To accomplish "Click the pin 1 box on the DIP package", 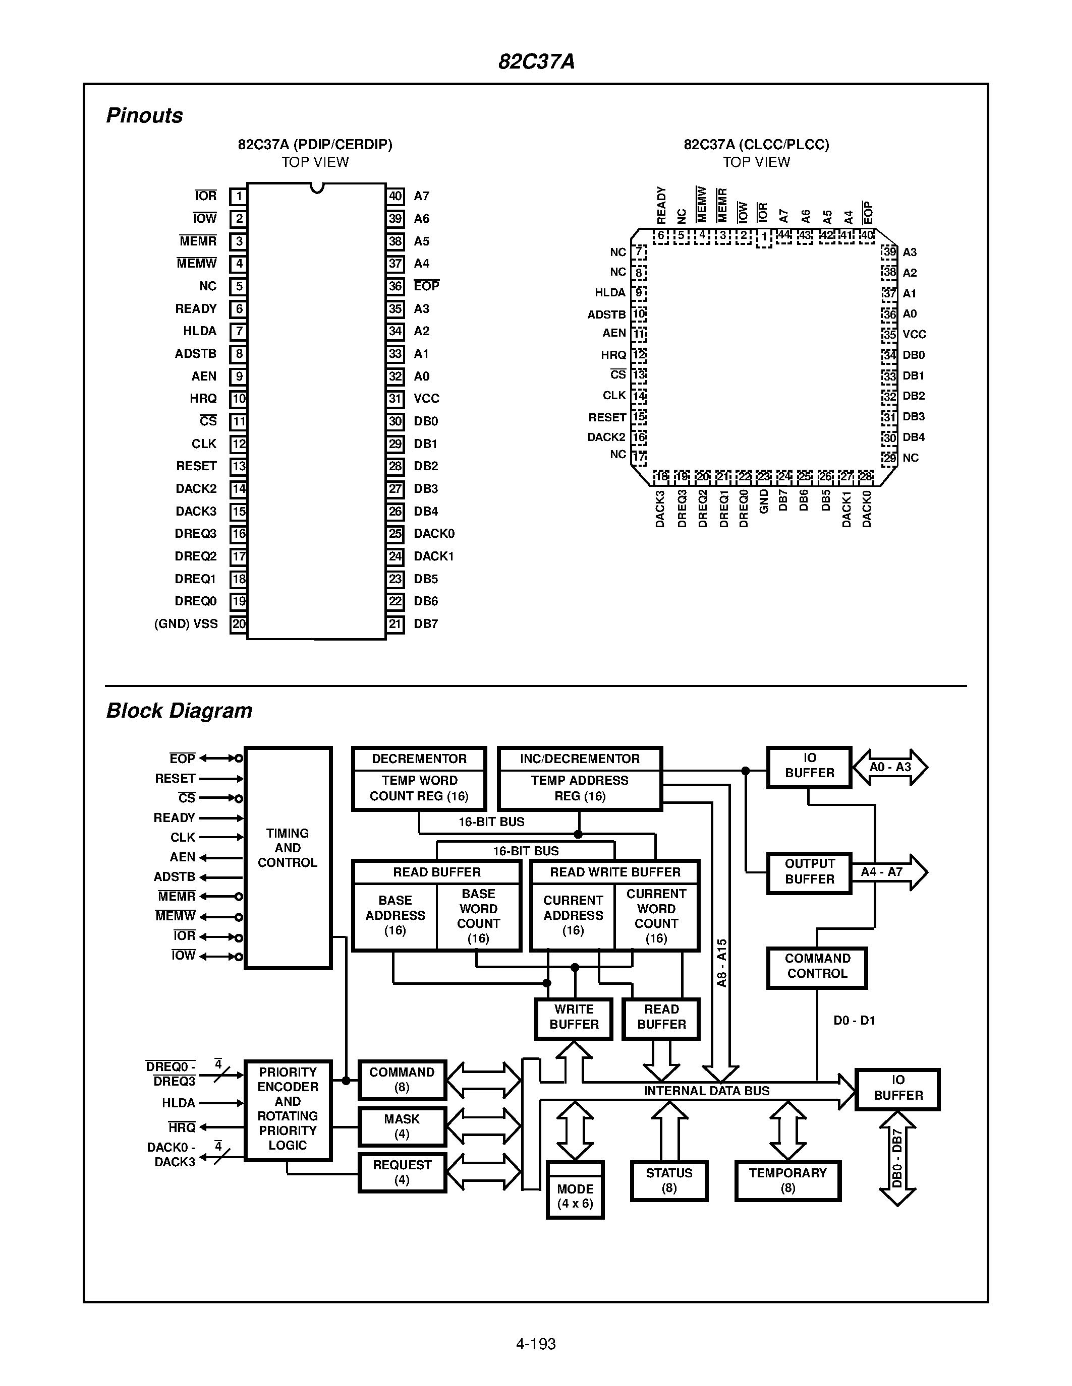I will [x=238, y=196].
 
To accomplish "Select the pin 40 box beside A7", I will [x=395, y=196].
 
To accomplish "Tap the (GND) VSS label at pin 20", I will [x=186, y=624].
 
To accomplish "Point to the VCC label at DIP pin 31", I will [x=426, y=399].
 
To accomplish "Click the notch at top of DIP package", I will [x=317, y=187].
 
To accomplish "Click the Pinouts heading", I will [x=144, y=115].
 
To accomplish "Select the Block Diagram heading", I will [x=179, y=710].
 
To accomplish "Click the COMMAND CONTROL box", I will [x=817, y=967].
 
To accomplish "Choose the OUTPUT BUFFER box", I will [x=809, y=872].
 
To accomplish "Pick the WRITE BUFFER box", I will [x=574, y=1017].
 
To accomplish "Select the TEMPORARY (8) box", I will [x=787, y=1180].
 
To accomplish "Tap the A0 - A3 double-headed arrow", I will [x=890, y=767].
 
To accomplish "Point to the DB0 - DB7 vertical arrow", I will [x=897, y=1158].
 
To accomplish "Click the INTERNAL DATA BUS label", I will [x=706, y=1091].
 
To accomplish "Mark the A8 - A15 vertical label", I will [x=721, y=963].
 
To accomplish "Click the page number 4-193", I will [x=535, y=1344].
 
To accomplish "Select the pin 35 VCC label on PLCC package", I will [x=914, y=335].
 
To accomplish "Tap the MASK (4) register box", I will [x=402, y=1126].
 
